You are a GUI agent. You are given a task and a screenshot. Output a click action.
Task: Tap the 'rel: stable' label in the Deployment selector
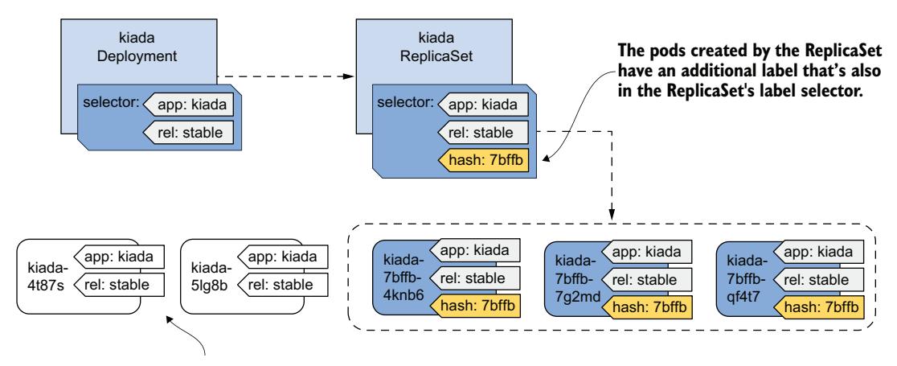194,131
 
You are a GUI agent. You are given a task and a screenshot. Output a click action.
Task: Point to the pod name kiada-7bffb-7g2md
570,278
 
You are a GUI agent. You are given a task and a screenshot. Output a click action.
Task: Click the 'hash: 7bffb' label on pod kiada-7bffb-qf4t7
821,306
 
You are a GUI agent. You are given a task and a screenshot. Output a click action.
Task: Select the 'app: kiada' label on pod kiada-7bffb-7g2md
648,251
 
